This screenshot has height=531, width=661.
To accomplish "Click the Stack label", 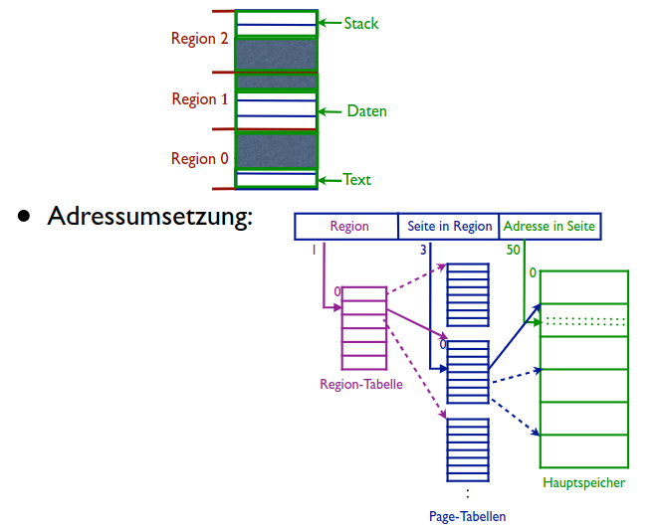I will coord(360,23).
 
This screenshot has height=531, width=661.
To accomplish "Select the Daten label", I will coord(366,111).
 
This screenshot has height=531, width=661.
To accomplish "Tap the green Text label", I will coord(356,180).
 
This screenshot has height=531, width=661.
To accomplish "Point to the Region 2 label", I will coord(199,39).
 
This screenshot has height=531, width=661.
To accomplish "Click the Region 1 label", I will coord(199,99).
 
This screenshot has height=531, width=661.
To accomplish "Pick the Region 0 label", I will coord(199,159).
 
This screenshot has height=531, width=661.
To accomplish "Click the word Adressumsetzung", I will coord(149,217).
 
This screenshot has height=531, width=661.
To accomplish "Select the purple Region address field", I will coord(349,227).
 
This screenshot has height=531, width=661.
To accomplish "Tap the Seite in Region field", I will coord(450,227).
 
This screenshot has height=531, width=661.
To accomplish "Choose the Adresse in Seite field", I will coord(551,227).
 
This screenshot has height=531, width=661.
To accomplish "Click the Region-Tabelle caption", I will coord(361,384).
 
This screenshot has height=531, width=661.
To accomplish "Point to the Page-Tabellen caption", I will coord(467,517).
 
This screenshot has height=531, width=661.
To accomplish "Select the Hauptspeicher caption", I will coord(584,483).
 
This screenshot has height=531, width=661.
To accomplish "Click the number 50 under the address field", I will coord(513,251).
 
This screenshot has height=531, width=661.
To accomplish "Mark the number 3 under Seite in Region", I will coord(423,251).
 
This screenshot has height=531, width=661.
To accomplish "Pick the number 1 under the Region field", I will coord(314,251).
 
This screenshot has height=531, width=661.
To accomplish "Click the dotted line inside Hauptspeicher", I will coord(584,320).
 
